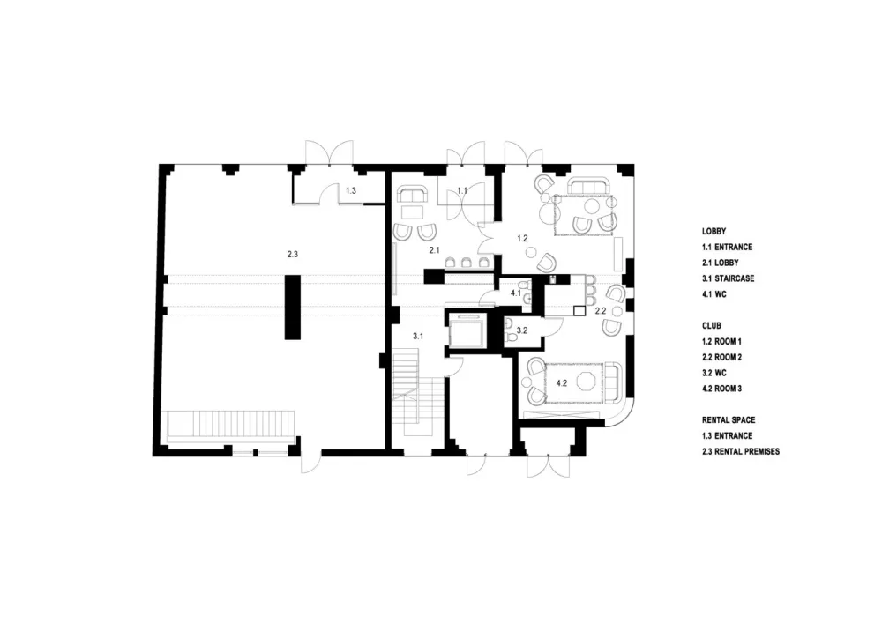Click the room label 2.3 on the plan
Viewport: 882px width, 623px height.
(293, 254)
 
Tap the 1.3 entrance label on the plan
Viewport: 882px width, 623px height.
(350, 190)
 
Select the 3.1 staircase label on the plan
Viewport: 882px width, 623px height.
(419, 335)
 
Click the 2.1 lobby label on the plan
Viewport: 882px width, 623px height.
(434, 251)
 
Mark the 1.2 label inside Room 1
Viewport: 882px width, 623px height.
(521, 238)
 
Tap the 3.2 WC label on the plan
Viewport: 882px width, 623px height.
(521, 331)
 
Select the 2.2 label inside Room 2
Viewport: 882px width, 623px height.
(600, 311)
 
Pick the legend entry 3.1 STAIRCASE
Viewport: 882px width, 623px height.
(728, 278)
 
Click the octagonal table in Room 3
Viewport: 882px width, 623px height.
(586, 381)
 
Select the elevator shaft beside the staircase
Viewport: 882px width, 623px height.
(467, 331)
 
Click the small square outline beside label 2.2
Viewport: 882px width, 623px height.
(579, 310)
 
